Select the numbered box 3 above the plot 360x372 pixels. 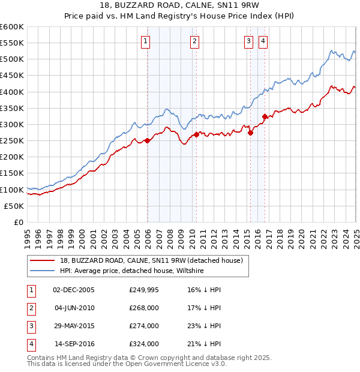pyautogui.click(x=248, y=41)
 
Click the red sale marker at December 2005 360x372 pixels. pyautogui.click(x=148, y=141)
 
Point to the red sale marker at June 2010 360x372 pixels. pyautogui.click(x=196, y=135)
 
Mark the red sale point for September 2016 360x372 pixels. pyautogui.click(x=265, y=116)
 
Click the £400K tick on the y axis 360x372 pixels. pyautogui.click(x=13, y=92)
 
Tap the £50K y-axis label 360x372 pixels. pyautogui.click(x=15, y=206)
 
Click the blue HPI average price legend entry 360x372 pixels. pyautogui.click(x=132, y=271)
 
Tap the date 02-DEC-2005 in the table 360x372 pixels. pyautogui.click(x=74, y=289)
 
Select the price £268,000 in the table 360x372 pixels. pyautogui.click(x=144, y=308)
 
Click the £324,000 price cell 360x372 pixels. pyautogui.click(x=144, y=344)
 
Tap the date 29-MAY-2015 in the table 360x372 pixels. pyautogui.click(x=74, y=326)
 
